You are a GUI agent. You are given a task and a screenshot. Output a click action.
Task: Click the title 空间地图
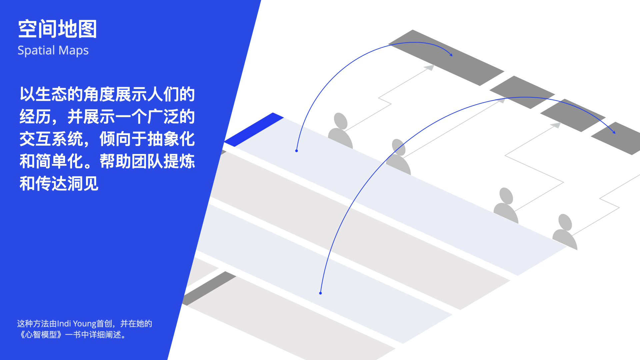point(57,29)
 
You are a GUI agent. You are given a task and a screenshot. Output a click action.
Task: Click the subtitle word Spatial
point(36,51)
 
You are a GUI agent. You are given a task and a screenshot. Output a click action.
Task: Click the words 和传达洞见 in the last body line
point(59,184)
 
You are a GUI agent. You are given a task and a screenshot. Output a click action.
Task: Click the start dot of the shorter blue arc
point(296,151)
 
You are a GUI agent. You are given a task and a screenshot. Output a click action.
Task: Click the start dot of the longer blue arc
point(320,293)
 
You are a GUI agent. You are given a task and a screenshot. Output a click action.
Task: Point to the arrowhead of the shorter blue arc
point(451,55)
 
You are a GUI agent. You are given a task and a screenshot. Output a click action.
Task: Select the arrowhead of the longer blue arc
point(614,132)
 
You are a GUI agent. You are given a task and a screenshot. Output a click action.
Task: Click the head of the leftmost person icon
point(341,121)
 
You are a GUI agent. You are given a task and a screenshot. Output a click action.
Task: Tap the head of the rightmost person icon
point(565,222)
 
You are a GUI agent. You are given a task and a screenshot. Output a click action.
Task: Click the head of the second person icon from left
point(399,147)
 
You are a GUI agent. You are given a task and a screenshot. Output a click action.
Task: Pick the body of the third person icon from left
point(506,213)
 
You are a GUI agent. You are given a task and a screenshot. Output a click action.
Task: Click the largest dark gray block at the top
point(446,57)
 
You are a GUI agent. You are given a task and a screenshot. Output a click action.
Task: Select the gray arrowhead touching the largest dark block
point(429,68)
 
